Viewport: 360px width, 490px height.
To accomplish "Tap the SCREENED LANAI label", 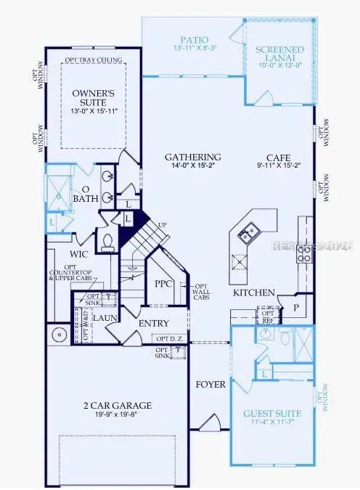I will (280, 54).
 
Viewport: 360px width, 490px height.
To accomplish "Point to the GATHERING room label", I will (192, 157).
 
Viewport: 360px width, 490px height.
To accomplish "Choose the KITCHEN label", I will (253, 293).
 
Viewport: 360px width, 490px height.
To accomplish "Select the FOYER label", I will (210, 384).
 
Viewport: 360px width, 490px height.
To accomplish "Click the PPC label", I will (163, 285).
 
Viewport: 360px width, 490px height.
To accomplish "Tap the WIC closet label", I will (79, 255).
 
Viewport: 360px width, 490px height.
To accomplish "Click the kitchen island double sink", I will (247, 232).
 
